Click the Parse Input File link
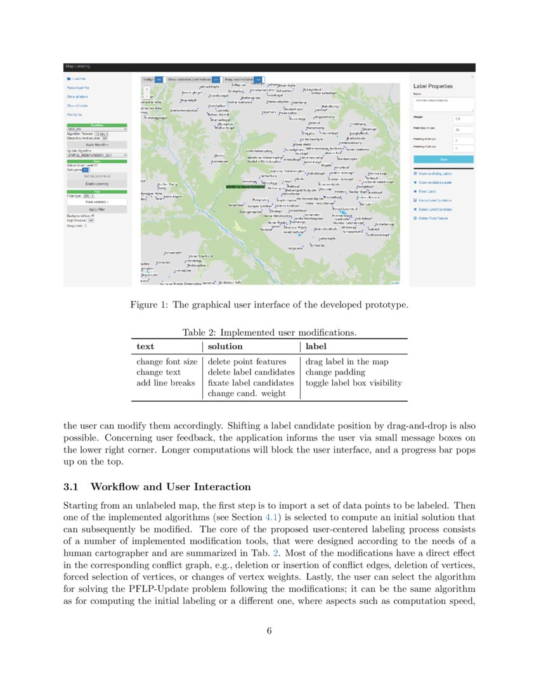(x=78, y=87)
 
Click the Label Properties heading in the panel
(x=432, y=86)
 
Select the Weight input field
(x=463, y=118)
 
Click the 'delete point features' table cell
(x=247, y=362)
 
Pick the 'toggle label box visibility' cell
(x=353, y=383)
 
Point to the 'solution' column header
(x=225, y=347)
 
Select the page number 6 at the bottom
(x=269, y=630)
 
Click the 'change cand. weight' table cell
(x=247, y=393)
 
